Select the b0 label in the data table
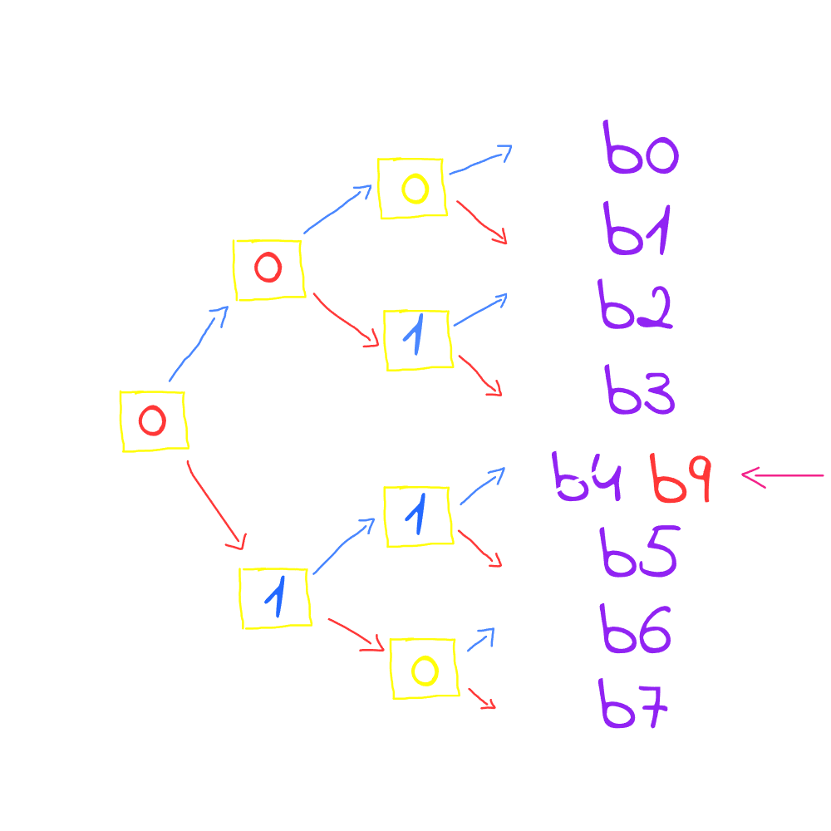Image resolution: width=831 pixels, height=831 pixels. [x=642, y=150]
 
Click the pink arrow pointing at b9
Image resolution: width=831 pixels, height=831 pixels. [x=781, y=476]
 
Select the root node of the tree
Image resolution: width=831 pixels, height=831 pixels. [x=154, y=420]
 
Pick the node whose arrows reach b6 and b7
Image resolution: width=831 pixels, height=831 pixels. [x=424, y=668]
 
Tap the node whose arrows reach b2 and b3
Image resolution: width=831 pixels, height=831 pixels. [x=417, y=339]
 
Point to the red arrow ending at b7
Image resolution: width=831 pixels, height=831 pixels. [x=482, y=698]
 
